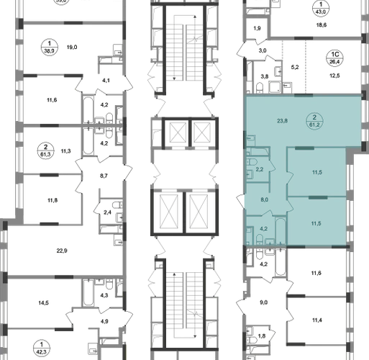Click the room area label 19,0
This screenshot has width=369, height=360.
[x=72, y=48]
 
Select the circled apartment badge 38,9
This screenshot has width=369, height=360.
[x=50, y=48]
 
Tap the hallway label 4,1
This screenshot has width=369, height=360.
[x=106, y=81]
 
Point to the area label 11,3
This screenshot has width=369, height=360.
[x=65, y=151]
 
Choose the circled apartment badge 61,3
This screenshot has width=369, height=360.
[x=45, y=150]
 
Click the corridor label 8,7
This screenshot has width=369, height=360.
[x=104, y=176]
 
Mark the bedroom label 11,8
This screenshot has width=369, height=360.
[x=53, y=200]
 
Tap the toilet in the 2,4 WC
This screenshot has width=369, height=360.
[x=117, y=205]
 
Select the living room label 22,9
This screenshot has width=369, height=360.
[x=62, y=251]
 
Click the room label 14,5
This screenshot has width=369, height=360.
[x=43, y=303]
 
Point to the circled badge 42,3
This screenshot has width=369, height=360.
[x=42, y=348]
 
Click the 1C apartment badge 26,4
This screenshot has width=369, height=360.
[x=334, y=58]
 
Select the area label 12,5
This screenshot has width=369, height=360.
[x=334, y=76]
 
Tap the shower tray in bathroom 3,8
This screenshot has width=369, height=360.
[x=275, y=87]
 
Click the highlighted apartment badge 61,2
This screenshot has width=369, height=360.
[x=314, y=121]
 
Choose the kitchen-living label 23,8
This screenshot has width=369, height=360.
[x=282, y=121]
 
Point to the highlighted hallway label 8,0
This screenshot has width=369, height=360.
[x=265, y=199]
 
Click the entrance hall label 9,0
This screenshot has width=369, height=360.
[x=263, y=302]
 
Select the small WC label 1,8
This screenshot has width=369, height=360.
[x=262, y=336]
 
